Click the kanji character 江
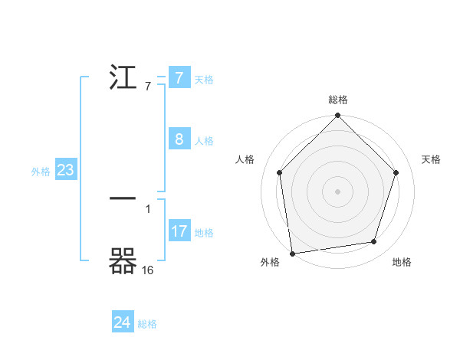(124, 78)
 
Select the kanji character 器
(124, 262)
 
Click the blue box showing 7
(179, 78)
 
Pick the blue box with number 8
(179, 139)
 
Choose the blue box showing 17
(179, 231)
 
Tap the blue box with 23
(65, 170)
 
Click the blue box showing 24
(123, 322)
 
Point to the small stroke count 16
(147, 270)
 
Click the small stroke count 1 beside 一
(147, 208)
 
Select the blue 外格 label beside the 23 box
(41, 172)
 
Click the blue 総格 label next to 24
(147, 324)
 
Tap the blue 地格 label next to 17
(204, 233)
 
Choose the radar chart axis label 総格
(338, 100)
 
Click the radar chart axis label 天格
(431, 159)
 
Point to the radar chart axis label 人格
(245, 159)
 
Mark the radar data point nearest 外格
(292, 253)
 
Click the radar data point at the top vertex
(338, 116)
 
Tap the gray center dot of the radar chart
(338, 190)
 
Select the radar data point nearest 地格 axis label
(374, 241)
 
